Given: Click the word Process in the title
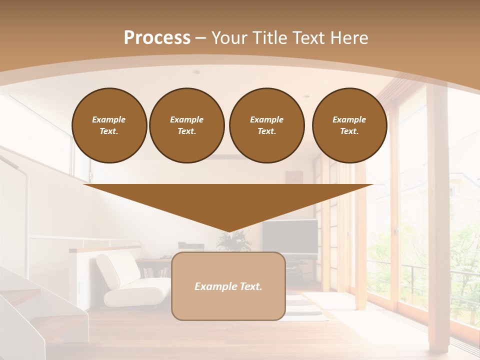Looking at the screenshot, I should (x=157, y=37).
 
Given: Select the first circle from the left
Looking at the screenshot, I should (x=109, y=125).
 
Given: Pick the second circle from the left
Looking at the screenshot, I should (x=186, y=125).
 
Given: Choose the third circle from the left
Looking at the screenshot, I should (x=266, y=125).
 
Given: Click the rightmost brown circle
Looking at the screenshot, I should (x=349, y=125).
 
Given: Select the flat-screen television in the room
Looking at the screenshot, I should (x=290, y=236).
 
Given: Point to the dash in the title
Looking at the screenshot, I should (x=200, y=38).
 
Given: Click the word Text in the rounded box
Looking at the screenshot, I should (x=251, y=286).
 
